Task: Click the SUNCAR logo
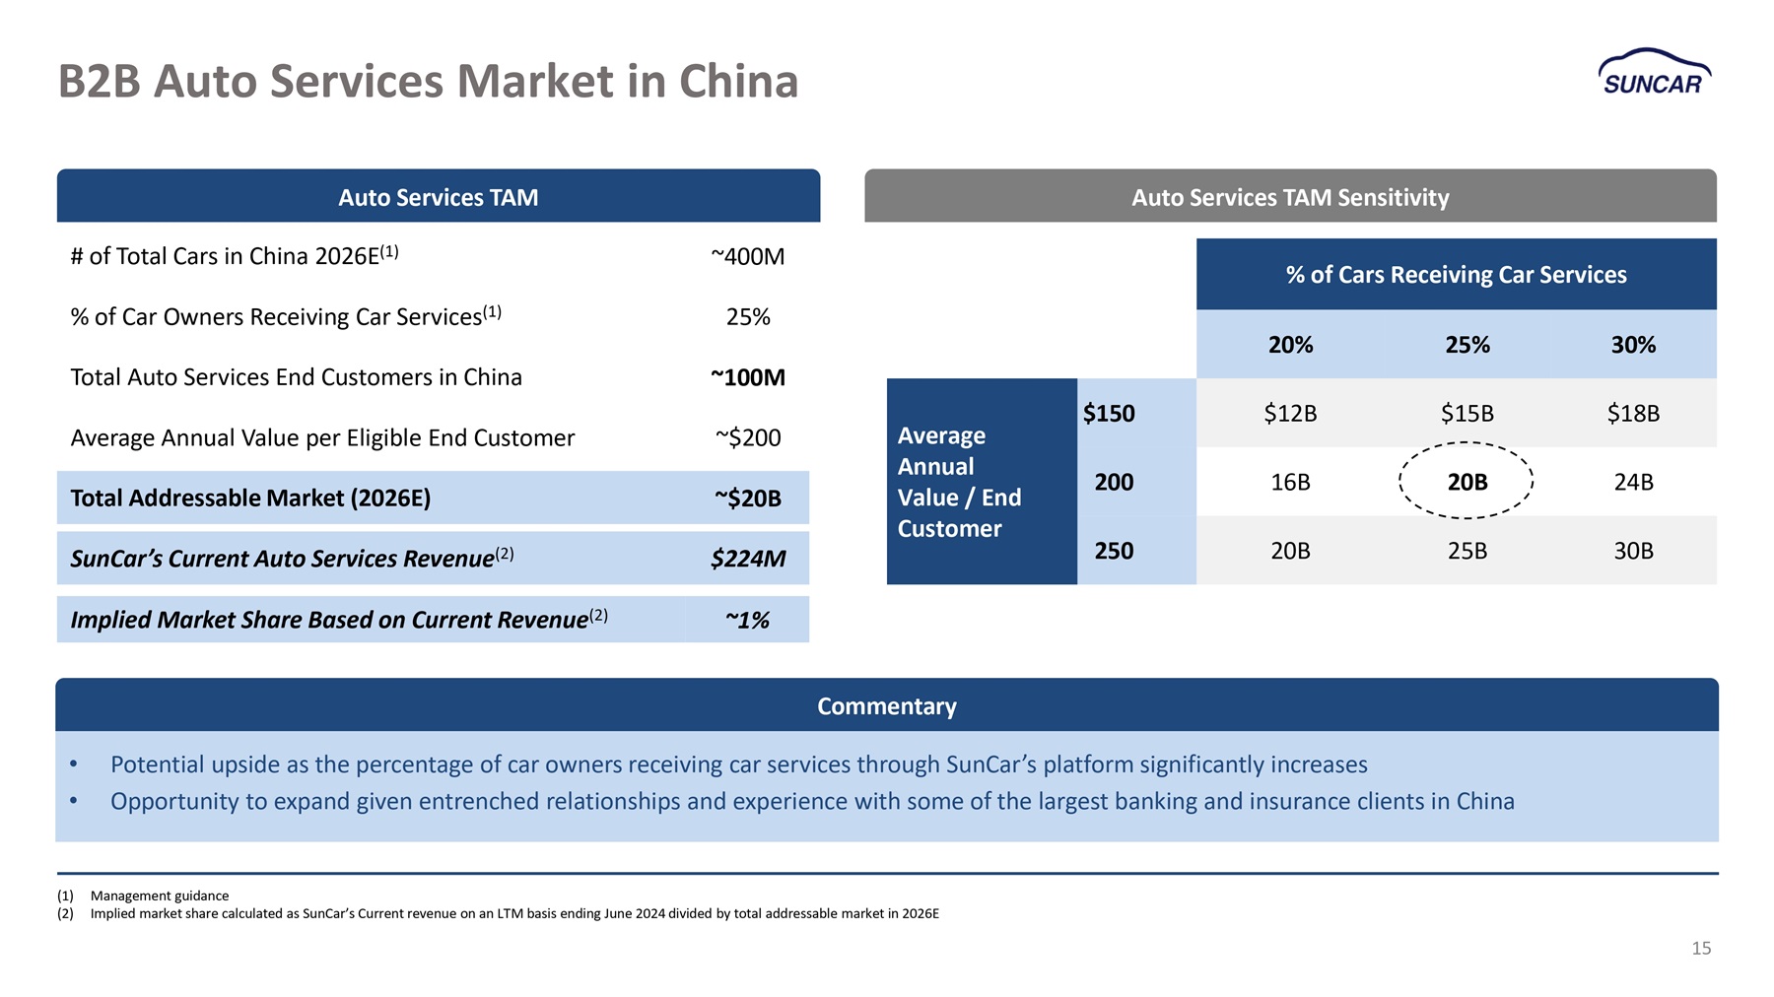[x=1655, y=72]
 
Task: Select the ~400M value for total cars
[x=748, y=257]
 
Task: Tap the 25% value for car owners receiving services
[x=748, y=317]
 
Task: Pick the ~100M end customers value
[x=748, y=377]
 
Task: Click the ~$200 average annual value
[x=748, y=437]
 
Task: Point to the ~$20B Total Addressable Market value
[x=748, y=498]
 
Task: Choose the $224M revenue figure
[x=748, y=560]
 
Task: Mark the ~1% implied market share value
[x=748, y=620]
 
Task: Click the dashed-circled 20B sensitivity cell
[x=1467, y=482]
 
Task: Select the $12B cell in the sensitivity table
[x=1290, y=414]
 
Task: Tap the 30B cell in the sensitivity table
[x=1633, y=551]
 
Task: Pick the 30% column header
[x=1633, y=345]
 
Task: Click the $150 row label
[x=1109, y=414]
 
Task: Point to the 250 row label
[x=1114, y=551]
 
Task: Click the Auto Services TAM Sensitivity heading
[x=1290, y=198]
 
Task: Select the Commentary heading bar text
[x=887, y=706]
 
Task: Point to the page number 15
[x=1701, y=948]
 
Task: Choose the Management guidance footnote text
[x=160, y=896]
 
